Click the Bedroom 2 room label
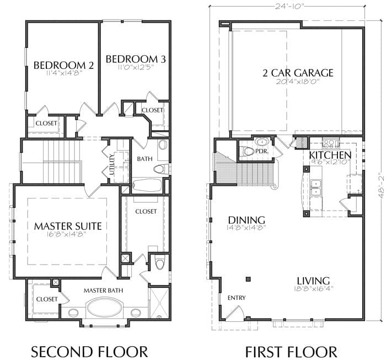(63, 65)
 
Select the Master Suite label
(68, 226)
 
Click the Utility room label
(112, 164)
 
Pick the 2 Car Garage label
(298, 73)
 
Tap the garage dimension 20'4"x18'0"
(298, 82)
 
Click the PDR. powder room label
(261, 151)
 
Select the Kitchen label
(330, 155)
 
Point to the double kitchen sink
(316, 188)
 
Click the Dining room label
(246, 220)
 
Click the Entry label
(237, 298)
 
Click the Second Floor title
(89, 351)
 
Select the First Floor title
(291, 352)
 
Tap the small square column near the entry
(248, 279)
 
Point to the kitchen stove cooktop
(331, 143)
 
